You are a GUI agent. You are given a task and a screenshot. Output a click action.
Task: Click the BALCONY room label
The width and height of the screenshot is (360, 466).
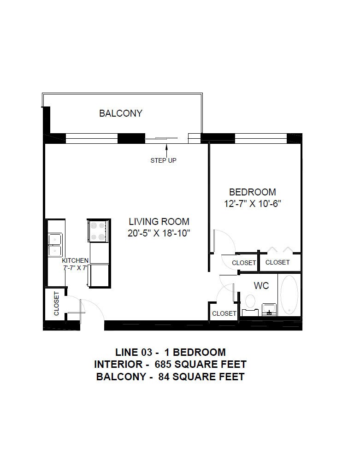(x=121, y=113)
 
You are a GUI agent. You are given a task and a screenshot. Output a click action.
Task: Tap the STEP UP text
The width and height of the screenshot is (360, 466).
(x=163, y=160)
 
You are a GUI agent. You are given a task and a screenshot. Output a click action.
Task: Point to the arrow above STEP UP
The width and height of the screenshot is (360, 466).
(x=166, y=150)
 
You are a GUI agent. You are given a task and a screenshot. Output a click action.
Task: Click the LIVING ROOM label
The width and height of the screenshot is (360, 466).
(x=159, y=221)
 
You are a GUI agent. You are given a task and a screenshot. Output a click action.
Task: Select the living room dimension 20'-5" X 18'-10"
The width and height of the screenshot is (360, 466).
(x=159, y=233)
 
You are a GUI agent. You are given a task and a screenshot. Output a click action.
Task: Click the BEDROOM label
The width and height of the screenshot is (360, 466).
(x=253, y=192)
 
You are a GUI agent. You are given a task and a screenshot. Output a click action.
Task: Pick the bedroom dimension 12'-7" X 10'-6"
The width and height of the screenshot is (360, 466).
(x=253, y=204)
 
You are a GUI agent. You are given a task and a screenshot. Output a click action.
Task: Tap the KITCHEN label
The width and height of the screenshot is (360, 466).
(x=75, y=260)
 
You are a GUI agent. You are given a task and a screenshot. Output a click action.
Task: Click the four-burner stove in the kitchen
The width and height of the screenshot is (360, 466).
(x=98, y=231)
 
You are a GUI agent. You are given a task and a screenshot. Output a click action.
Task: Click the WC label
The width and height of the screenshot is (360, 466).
(x=261, y=286)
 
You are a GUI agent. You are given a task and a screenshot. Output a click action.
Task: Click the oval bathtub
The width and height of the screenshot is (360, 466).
(x=289, y=294)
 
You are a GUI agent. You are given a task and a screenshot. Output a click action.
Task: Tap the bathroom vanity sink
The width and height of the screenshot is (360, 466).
(x=269, y=309)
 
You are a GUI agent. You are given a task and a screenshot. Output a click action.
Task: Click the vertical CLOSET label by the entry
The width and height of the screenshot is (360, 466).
(x=56, y=303)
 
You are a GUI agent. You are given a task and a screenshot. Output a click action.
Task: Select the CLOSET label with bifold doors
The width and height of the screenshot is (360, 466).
(x=277, y=262)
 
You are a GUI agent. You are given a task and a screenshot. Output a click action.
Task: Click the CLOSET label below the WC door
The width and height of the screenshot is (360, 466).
(x=224, y=313)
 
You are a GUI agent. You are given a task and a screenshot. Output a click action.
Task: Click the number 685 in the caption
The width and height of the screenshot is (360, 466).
(x=163, y=364)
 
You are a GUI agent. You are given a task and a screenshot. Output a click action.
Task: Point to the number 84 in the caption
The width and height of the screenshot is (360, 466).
(x=164, y=377)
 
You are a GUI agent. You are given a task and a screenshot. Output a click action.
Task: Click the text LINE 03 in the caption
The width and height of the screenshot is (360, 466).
(x=134, y=353)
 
